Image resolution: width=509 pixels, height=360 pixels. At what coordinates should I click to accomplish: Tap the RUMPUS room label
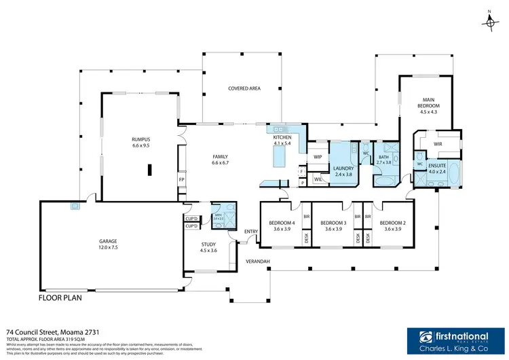pos(140,141)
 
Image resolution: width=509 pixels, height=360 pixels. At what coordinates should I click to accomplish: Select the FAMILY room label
pos(221,157)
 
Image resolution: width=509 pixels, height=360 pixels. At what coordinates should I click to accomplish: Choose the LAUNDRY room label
pos(343,167)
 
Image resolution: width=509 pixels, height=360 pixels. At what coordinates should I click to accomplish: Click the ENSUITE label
pos(436,165)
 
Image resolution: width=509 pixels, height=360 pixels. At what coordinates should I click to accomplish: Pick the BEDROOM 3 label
pos(333,223)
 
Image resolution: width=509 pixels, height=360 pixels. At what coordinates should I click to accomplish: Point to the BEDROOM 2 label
pos(392,223)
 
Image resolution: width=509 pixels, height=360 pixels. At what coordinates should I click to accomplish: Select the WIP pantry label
pos(317,157)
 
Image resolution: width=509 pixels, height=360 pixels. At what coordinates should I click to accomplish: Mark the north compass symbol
pos(489,21)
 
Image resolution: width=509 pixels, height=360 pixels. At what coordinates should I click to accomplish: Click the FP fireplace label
pos(181,179)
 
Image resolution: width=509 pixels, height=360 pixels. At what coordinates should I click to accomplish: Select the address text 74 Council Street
pos(52,331)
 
